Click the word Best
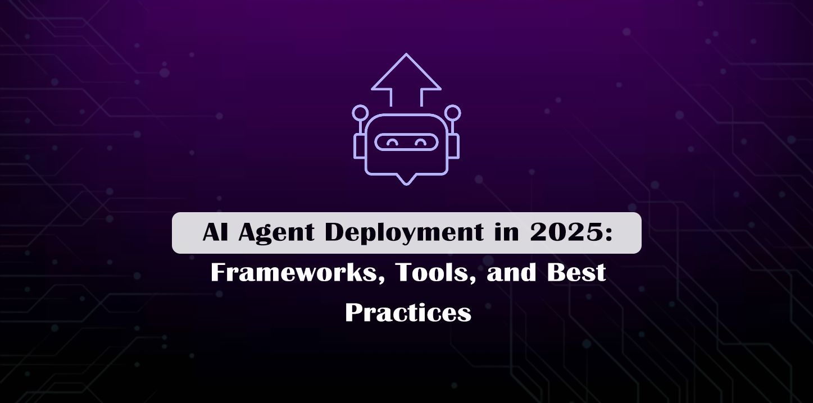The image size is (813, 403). pyautogui.click(x=580, y=273)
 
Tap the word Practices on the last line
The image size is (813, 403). pyautogui.click(x=408, y=312)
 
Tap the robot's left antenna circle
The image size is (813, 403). pyautogui.click(x=360, y=112)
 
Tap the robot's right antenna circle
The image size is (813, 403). pyautogui.click(x=452, y=112)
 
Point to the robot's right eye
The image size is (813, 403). pyautogui.click(x=420, y=143)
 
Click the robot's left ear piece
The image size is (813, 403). pyautogui.click(x=359, y=146)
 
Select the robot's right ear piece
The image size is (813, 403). pyautogui.click(x=453, y=146)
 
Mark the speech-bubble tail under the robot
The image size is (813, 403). pyautogui.click(x=406, y=179)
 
